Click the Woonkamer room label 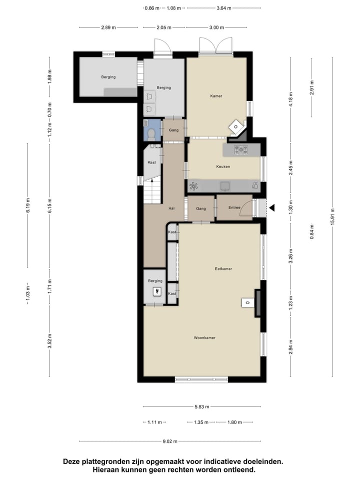(204, 338)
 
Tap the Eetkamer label (223, 269)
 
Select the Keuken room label (223, 166)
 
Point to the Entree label (234, 207)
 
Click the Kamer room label (216, 95)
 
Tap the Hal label (171, 208)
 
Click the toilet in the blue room (151, 132)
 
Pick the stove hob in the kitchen (241, 149)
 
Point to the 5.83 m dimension (201, 406)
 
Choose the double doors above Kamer (215, 46)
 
